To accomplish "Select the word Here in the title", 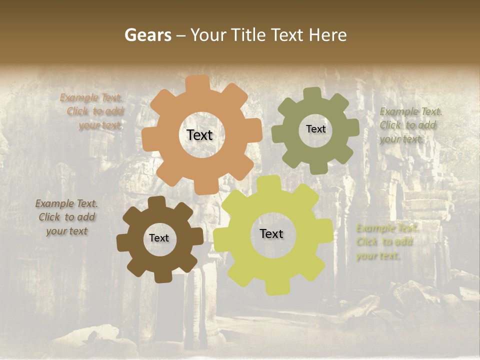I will click(327, 35).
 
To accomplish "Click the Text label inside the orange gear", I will click(199, 135).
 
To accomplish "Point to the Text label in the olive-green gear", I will click(315, 129).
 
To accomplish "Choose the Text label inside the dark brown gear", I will click(159, 238).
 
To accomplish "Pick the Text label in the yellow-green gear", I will click(271, 234).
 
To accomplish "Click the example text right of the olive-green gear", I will click(409, 125).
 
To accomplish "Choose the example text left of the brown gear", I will click(67, 217).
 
